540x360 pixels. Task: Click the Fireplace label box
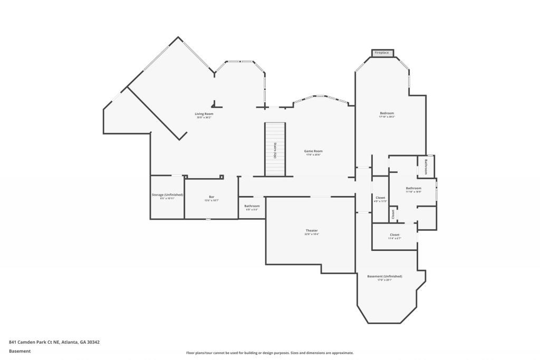point(381,53)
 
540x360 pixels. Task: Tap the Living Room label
point(204,114)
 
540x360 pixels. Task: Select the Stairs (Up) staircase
point(275,150)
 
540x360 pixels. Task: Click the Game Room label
point(313,151)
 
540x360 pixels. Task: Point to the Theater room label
point(312,230)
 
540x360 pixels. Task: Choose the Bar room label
point(211,197)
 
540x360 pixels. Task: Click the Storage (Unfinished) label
point(167,194)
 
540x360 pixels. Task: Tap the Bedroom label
point(387,113)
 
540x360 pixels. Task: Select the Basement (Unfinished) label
point(384,276)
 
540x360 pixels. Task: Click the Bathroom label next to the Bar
point(252,206)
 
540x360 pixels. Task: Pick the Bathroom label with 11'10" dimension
point(413,188)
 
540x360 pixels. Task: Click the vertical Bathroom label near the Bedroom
point(426,166)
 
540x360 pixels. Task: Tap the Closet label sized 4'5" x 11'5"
point(380,198)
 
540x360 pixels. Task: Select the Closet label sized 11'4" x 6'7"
point(394,235)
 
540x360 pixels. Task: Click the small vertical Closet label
point(393,215)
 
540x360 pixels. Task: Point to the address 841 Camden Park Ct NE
point(54,342)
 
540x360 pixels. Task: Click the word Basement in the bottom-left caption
point(20,351)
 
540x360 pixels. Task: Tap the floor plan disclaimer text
point(269,353)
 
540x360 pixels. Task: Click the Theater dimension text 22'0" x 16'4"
point(312,235)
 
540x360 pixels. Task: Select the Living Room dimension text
point(204,118)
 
